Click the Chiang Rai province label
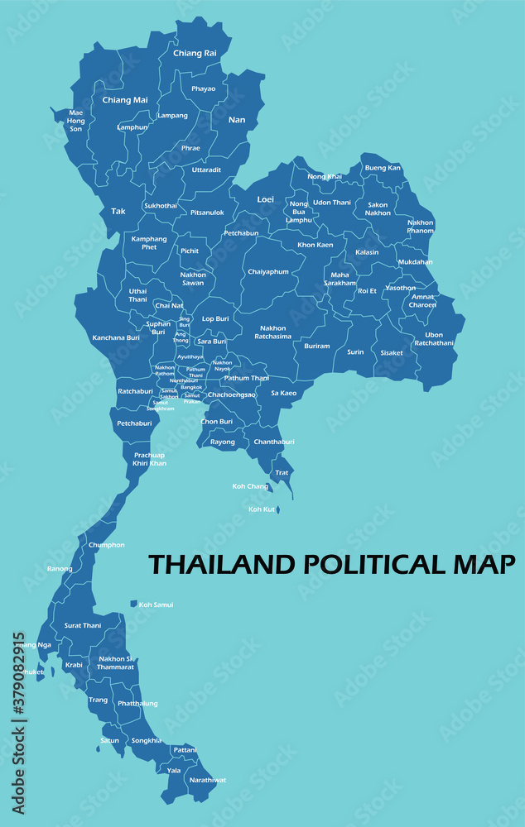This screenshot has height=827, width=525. click(195, 53)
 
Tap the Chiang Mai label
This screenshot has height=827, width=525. click(125, 100)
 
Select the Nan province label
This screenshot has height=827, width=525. click(237, 120)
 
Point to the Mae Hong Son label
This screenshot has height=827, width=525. click(75, 121)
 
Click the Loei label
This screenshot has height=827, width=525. click(265, 199)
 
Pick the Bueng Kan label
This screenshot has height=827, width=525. click(383, 168)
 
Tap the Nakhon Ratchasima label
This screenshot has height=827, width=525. click(273, 332)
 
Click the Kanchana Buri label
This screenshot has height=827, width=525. click(116, 337)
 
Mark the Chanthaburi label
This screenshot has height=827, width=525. click(274, 442)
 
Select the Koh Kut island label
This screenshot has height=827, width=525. click(262, 509)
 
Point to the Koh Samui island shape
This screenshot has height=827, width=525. click(133, 604)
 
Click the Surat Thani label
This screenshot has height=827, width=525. click(83, 625)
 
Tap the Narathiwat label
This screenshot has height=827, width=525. click(207, 780)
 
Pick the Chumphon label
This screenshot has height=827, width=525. click(106, 545)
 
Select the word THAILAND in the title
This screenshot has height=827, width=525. click(222, 565)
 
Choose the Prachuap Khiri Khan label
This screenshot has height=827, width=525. click(150, 459)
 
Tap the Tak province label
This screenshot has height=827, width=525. click(118, 211)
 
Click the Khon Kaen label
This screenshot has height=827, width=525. click(315, 245)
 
